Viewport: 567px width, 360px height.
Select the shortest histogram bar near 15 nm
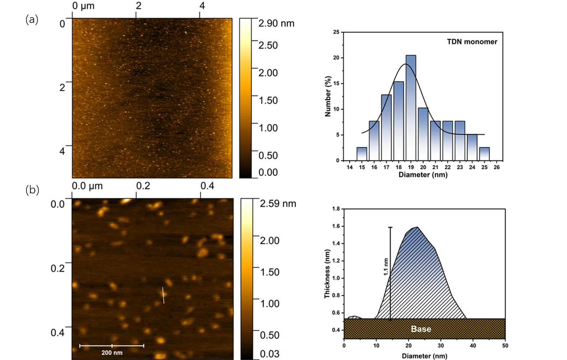pos(362,154)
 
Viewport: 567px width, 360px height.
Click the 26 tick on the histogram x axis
pos(496,168)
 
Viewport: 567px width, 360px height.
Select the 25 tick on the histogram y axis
pos(336,32)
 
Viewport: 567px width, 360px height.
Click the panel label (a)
pos(32,19)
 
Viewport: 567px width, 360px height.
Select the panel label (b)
pos(32,190)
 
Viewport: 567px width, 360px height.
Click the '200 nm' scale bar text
pos(111,353)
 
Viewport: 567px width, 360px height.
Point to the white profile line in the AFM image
pos(163,295)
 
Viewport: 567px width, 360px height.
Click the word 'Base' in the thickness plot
pos(421,329)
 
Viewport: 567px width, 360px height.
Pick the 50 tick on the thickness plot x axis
pos(505,345)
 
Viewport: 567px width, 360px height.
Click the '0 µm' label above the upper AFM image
pos(82,6)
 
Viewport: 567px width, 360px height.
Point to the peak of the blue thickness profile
pos(417,227)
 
